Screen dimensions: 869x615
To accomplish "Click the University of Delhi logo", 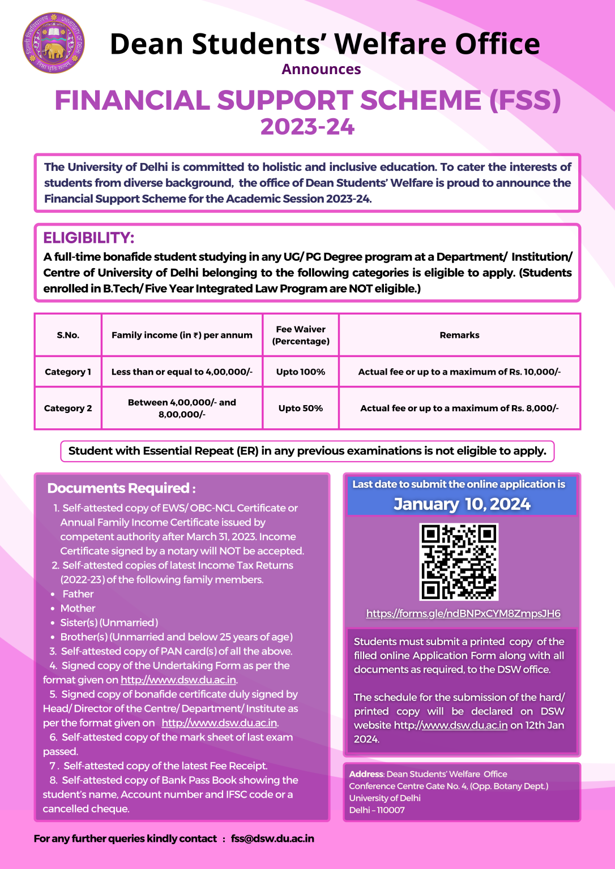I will coord(53,43).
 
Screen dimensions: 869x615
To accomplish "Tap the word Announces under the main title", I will coord(321,70).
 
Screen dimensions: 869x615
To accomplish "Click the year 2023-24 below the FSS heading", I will coord(308,127).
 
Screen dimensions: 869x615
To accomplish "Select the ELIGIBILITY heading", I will coord(89,238).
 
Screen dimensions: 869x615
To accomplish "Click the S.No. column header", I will coord(68,335).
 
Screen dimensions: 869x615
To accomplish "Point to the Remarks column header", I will coord(459,335).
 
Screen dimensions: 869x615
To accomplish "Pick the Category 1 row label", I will coord(68,372).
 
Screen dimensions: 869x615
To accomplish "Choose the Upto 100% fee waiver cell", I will coord(301,372).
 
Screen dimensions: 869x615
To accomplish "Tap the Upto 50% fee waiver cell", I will coord(301,408).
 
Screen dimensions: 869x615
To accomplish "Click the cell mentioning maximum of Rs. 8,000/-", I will coord(459,408).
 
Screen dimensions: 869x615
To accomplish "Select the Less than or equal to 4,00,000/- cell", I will coord(182,372).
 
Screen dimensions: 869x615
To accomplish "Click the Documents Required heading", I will coord(121,488).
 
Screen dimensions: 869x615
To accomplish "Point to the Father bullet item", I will coord(78,594).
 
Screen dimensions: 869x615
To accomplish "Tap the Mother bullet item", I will coord(78,608).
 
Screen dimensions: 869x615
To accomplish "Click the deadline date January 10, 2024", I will coord(462,504).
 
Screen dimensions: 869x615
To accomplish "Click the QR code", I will coord(459,561).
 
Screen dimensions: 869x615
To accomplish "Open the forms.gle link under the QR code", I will coord(463,613).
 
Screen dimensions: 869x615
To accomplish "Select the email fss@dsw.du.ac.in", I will coord(272,838).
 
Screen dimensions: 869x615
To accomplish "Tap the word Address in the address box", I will coord(366,774).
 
